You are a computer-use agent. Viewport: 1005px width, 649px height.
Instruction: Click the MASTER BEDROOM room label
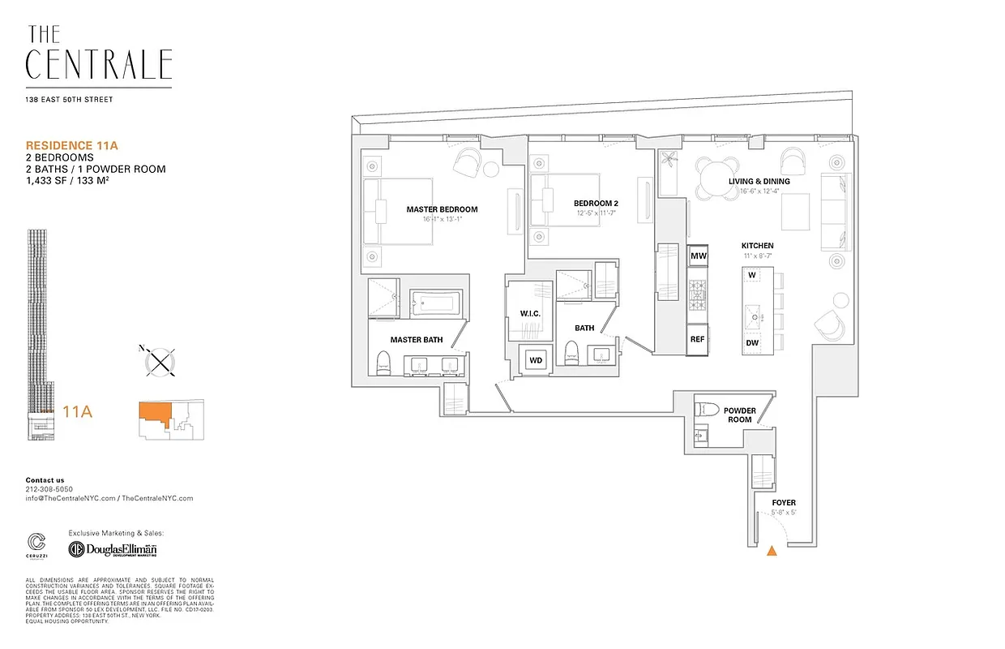tap(442, 209)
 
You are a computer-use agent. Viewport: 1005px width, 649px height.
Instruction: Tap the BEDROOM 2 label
tap(596, 203)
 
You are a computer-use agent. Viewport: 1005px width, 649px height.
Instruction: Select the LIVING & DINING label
tap(759, 181)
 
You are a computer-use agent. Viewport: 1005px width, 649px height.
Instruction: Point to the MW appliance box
tap(698, 256)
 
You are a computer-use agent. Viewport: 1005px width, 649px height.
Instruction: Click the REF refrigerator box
tap(697, 340)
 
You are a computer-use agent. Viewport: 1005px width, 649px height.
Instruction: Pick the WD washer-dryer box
tap(536, 359)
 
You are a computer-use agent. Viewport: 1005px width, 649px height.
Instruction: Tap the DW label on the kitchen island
tap(752, 343)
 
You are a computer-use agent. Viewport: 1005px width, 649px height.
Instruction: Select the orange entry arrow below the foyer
tap(772, 552)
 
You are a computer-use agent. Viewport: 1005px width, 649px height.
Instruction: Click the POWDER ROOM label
tap(740, 415)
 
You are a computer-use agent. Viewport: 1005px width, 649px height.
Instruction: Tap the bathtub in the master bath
tap(435, 306)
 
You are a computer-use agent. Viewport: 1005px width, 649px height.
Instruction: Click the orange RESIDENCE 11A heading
tap(72, 145)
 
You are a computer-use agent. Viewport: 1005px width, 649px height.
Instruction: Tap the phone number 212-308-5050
tap(49, 489)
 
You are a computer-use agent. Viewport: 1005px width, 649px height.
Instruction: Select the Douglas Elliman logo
tap(113, 549)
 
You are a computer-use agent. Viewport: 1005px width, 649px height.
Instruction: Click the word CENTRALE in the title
tap(99, 65)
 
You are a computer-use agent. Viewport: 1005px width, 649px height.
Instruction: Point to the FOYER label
tap(767, 503)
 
